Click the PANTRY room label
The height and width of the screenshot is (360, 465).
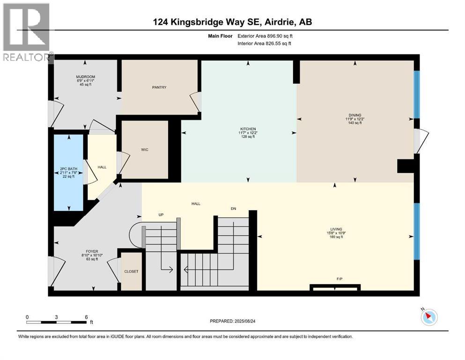coord(159,87)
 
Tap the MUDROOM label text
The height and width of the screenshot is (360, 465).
coord(86,77)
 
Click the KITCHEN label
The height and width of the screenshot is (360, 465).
coord(249,129)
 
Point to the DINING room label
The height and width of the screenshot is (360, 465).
coord(354,114)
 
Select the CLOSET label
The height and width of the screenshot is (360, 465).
coord(131,271)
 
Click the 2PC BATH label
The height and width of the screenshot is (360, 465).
coord(68,169)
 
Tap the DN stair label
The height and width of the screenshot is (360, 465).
coord(233,209)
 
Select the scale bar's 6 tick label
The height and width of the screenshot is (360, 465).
coord(86,317)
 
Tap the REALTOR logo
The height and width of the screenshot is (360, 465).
coord(26,32)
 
